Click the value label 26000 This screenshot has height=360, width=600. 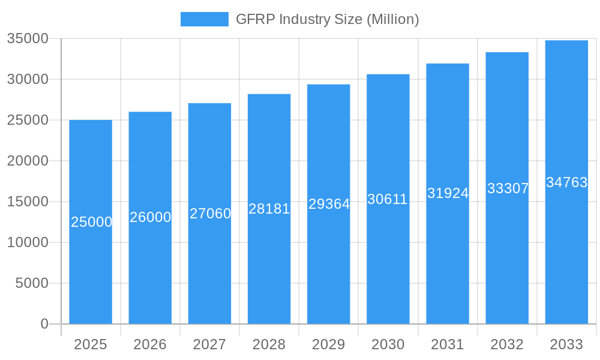tap(150, 217)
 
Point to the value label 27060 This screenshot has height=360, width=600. tap(210, 214)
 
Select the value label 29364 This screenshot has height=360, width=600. tap(329, 204)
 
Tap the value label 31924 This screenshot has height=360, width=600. tap(448, 193)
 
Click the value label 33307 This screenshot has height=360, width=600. tap(507, 188)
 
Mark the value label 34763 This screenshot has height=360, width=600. tap(566, 182)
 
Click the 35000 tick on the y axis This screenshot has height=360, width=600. tap(28, 38)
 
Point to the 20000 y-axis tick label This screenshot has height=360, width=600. tap(28, 161)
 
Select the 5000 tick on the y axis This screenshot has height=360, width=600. tap(32, 283)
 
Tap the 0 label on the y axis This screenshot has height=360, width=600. tap(44, 324)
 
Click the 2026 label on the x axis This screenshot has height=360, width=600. tap(150, 344)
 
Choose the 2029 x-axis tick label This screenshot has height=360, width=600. tap(329, 344)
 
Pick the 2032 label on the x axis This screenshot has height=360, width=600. tap(507, 344)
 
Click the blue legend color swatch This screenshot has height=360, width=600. tap(205, 19)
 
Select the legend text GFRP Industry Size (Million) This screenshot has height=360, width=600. tap(327, 19)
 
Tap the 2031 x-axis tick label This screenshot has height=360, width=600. tap(448, 344)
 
